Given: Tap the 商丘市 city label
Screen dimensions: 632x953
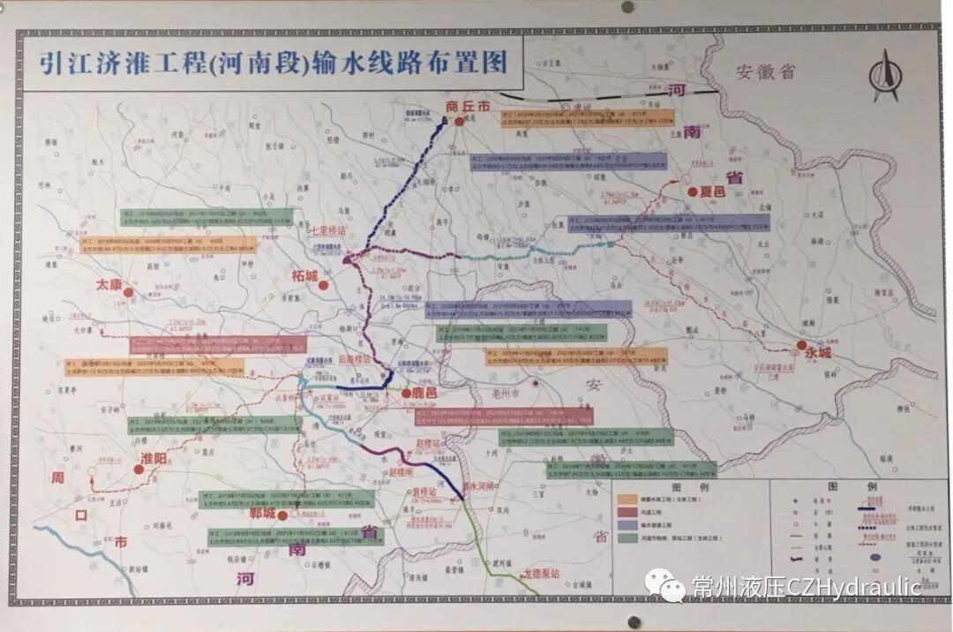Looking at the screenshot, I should tap(468, 106).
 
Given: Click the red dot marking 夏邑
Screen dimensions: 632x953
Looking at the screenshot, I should tap(694, 191).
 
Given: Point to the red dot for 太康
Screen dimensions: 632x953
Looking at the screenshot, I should tap(128, 291).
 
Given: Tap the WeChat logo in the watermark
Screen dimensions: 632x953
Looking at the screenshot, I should tap(664, 585).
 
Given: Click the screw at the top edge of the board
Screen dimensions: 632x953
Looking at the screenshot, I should tap(627, 6).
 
